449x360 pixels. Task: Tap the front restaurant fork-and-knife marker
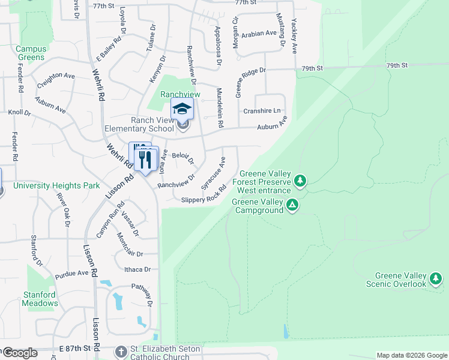(x=145, y=160)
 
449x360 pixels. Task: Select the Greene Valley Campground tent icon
(x=292, y=206)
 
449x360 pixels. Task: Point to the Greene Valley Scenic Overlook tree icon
(x=436, y=279)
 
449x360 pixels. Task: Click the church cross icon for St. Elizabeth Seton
(x=120, y=351)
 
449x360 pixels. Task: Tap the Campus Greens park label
(x=31, y=53)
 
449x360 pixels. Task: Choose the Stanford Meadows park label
(x=40, y=299)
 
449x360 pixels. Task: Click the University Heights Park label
(x=56, y=186)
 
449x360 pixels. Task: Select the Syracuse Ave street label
(x=214, y=173)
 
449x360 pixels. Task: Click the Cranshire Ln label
(x=262, y=111)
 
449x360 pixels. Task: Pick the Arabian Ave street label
(x=259, y=34)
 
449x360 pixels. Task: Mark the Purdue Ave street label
(x=71, y=273)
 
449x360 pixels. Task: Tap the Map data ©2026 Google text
(x=411, y=355)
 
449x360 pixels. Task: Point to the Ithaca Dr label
(x=137, y=270)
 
